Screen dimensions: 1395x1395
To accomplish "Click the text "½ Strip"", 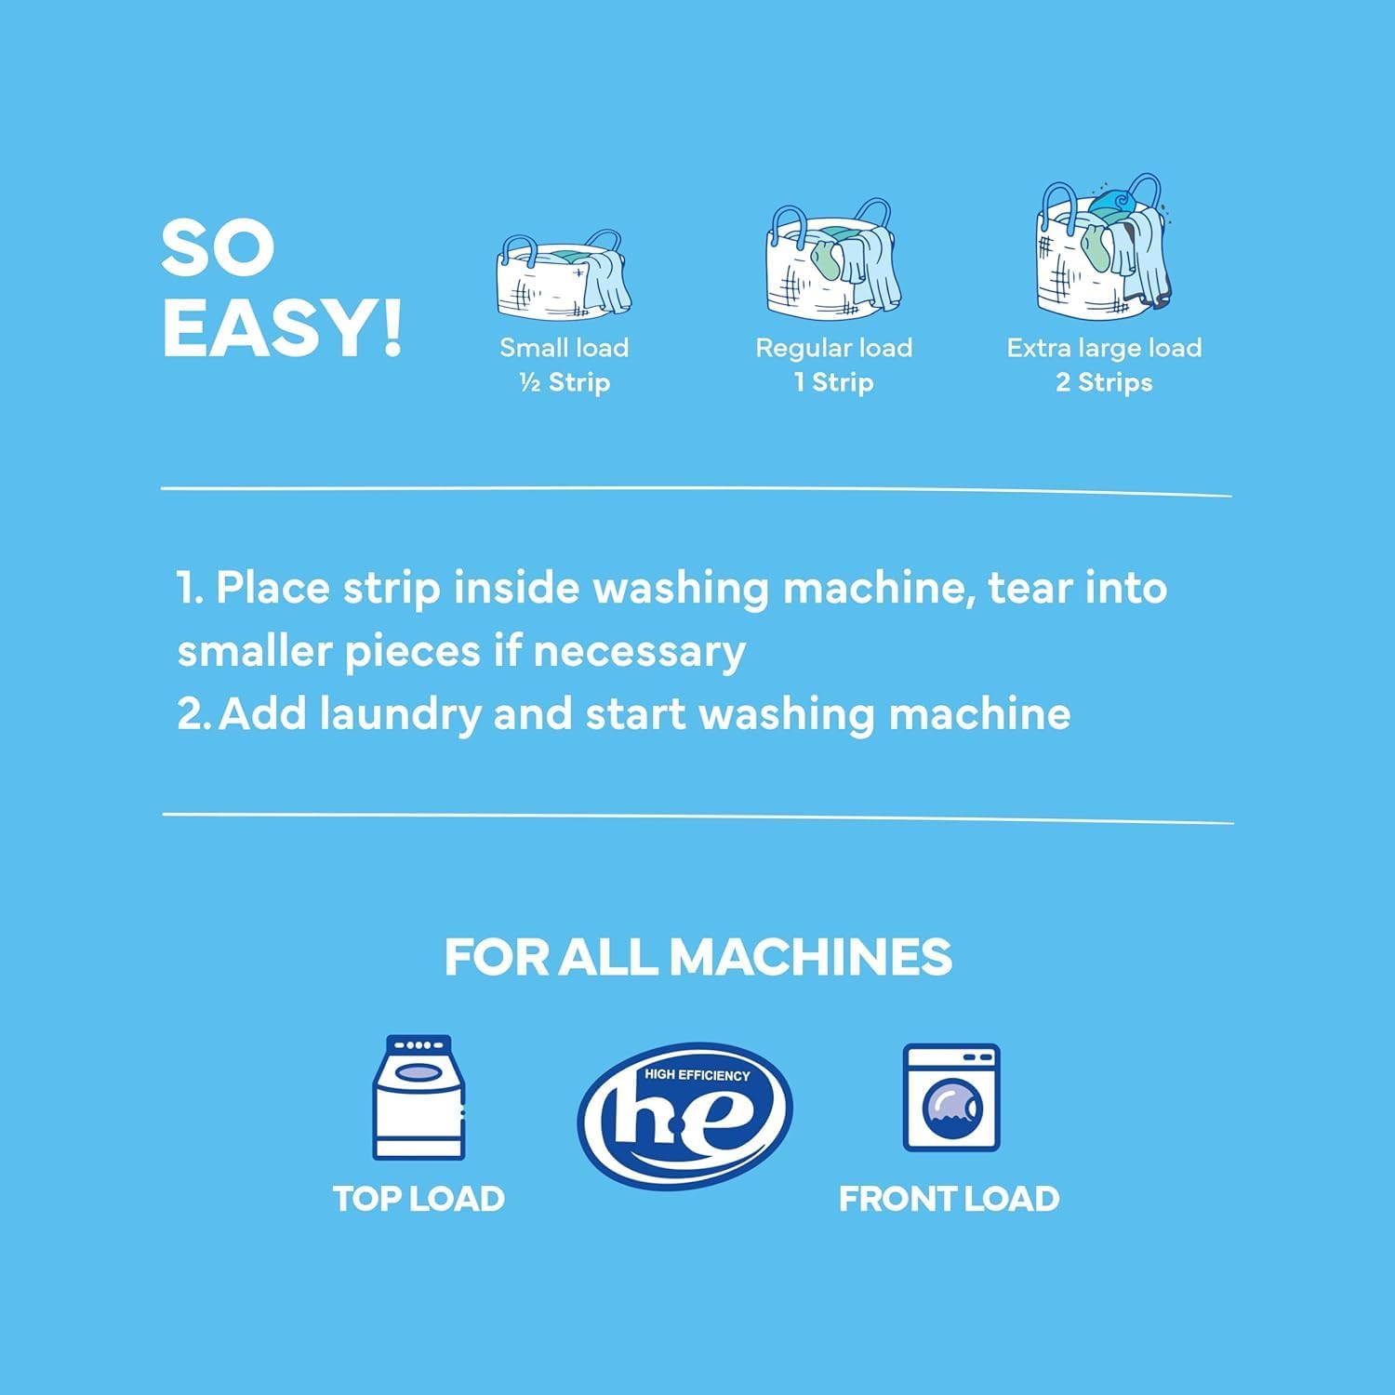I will tap(565, 382).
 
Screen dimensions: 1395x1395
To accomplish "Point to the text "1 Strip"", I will tap(833, 382).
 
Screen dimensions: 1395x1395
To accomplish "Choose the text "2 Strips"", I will tap(1104, 382).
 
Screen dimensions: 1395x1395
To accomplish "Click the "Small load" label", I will tap(565, 348).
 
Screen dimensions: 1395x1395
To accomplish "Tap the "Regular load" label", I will tap(833, 348).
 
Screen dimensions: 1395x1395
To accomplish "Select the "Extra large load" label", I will tap(1104, 348).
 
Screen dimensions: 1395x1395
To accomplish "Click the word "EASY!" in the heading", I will tap(283, 328).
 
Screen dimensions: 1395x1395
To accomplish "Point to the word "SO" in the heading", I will tap(218, 248).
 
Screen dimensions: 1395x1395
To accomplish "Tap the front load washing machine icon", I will tap(950, 1097).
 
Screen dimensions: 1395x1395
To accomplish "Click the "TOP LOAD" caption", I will tap(418, 1199).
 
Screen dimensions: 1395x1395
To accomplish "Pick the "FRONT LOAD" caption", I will tap(949, 1199).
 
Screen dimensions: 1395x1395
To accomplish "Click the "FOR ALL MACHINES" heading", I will tap(697, 957).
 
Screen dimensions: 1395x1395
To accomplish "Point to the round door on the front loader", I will tap(951, 1109).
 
